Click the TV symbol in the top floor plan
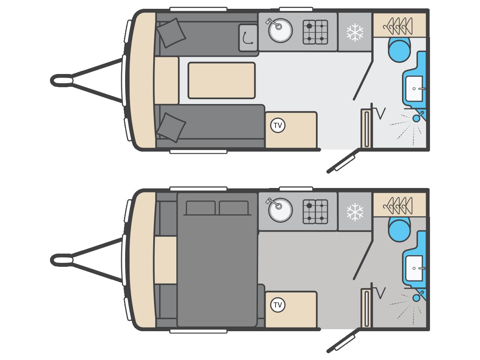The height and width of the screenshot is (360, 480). [x=278, y=126]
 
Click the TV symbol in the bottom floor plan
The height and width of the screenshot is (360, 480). [x=278, y=305]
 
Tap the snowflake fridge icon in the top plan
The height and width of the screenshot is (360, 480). [x=355, y=32]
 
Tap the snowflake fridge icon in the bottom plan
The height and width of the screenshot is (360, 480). [x=355, y=212]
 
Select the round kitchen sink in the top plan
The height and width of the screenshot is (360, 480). [x=280, y=30]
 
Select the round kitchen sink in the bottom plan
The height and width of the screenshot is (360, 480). [x=280, y=210]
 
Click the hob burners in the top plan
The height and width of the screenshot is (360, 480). [x=315, y=32]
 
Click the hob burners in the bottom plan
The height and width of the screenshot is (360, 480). [x=315, y=212]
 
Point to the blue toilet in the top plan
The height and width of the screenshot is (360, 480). [x=399, y=50]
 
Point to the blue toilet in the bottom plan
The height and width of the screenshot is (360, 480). [x=399, y=230]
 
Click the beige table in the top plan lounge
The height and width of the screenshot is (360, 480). [x=221, y=80]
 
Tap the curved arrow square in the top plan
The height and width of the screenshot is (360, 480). [x=248, y=38]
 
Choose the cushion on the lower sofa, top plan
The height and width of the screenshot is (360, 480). [x=171, y=127]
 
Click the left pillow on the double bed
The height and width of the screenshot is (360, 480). [x=200, y=208]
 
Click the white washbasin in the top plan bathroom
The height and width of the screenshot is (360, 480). [x=414, y=88]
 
